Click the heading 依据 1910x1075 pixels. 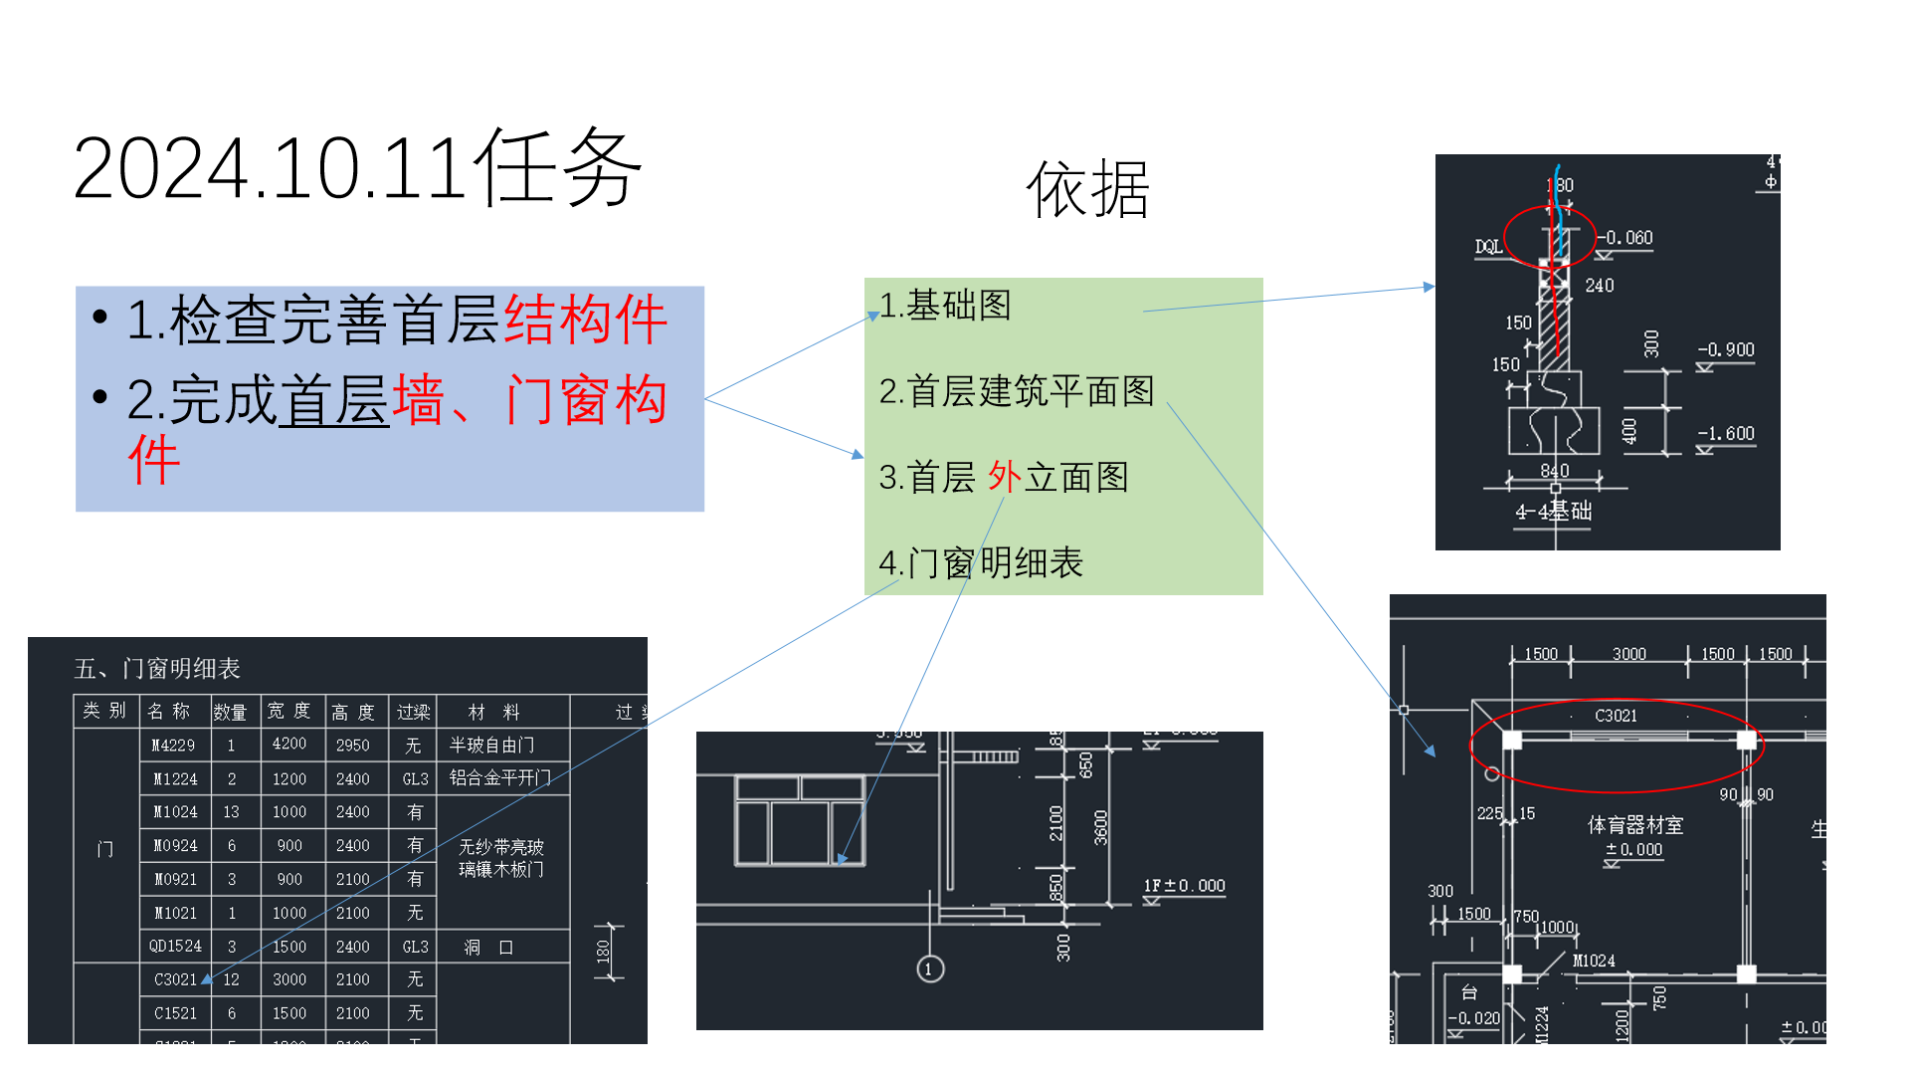point(1087,189)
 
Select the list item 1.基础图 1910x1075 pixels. point(945,306)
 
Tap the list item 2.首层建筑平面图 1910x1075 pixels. point(1017,391)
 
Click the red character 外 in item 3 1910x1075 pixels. point(1005,477)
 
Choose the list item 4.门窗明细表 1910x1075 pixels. point(981,563)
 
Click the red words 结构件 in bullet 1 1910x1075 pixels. point(585,321)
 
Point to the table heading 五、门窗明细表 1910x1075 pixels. point(157,668)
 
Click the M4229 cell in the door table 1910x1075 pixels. point(173,745)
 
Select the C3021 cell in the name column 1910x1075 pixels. point(175,979)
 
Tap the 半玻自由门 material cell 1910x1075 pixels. point(491,745)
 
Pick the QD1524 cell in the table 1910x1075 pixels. point(175,946)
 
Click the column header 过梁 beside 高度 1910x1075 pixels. point(413,712)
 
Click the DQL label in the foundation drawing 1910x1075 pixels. point(1488,246)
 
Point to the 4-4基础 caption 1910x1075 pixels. point(1553,512)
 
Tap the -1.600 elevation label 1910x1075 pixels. point(1726,433)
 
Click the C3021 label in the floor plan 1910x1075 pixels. point(1616,716)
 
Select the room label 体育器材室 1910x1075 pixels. point(1634,825)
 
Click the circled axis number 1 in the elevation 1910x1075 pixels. point(930,968)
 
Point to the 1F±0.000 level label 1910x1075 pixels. point(1184,886)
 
